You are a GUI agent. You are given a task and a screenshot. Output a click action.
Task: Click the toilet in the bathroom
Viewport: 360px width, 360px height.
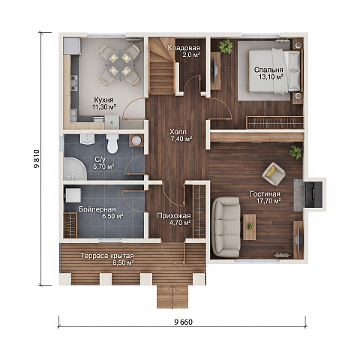point(112,143)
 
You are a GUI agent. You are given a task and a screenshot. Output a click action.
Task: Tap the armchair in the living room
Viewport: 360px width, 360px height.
point(274,174)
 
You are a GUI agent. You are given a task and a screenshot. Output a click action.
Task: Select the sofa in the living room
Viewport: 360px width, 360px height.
point(226,227)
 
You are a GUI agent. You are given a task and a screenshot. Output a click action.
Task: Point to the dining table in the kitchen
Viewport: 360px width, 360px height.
point(120,64)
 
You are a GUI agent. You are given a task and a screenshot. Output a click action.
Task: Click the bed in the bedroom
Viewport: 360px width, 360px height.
point(274,71)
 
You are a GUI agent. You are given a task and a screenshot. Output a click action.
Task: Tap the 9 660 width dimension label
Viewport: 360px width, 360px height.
point(183,322)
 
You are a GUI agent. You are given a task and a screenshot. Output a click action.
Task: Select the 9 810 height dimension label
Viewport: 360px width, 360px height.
point(37,159)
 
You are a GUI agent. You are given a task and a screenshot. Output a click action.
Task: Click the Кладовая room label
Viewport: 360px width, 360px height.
point(184,48)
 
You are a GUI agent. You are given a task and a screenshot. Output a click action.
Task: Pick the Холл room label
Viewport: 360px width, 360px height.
point(178,132)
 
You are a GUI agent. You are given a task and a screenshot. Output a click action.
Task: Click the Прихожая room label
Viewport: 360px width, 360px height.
point(174,216)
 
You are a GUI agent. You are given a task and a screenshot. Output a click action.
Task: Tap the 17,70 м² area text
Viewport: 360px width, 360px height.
point(268,200)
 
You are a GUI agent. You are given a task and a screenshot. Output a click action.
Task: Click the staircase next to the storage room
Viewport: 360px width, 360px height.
point(162,66)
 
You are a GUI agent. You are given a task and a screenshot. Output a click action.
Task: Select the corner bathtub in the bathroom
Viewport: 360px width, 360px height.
point(75,169)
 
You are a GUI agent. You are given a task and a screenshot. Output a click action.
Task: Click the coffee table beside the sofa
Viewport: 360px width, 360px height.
point(250,227)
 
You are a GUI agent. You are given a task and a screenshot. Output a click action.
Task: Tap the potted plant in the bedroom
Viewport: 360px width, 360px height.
point(226,46)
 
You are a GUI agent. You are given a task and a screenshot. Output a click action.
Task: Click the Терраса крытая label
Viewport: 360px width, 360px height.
point(107,256)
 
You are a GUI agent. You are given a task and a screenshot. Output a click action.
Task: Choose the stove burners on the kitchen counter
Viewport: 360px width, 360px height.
point(74,82)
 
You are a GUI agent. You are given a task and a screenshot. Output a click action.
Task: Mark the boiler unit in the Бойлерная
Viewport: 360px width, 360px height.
point(73,195)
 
